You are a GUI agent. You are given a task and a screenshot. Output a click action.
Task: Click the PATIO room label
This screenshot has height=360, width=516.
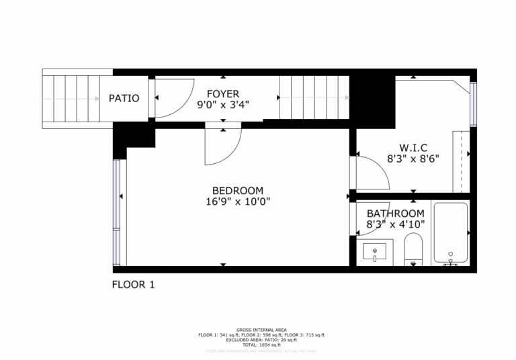coord(124,98)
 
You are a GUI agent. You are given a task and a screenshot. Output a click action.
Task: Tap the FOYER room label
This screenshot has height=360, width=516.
coord(222,93)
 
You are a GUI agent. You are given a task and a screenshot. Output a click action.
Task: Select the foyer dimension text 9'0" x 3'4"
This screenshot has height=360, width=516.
coord(222,105)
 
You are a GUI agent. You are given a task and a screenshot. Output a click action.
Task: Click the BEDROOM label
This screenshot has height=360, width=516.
coord(238,190)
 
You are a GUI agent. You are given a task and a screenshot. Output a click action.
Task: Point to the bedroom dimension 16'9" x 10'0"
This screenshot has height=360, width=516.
coord(238,201)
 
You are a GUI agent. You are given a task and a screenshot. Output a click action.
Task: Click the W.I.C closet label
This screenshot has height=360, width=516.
coord(413,148)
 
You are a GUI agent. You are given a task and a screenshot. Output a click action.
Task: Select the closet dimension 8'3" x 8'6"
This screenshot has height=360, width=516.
coord(413,159)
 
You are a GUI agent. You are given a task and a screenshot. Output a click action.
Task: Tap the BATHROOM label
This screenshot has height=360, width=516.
coord(396,214)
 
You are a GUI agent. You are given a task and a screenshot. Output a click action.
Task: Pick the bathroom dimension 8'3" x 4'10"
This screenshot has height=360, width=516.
coord(396,225)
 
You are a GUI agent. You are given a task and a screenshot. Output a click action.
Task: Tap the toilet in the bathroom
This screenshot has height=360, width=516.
coord(413,250)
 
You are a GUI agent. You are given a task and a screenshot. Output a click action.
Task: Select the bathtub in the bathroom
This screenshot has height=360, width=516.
coord(450,232)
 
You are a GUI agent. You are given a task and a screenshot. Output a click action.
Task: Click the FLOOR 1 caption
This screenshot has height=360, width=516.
coord(133,285)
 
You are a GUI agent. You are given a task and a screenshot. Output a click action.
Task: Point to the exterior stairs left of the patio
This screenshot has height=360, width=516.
coord(71,98)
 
